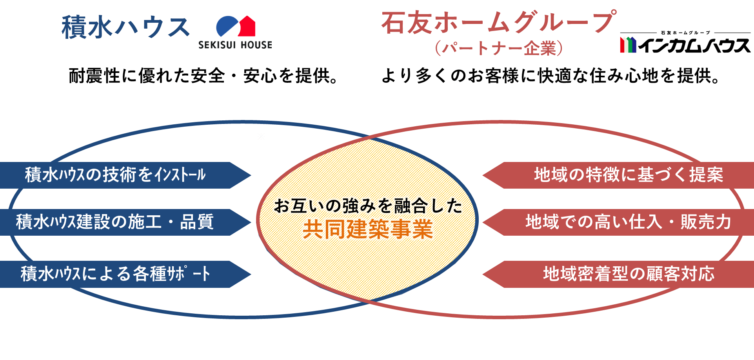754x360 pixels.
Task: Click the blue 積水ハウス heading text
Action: (x=125, y=27)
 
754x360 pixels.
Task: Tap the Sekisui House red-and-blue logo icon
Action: (x=236, y=27)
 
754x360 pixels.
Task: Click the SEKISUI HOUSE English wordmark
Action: (x=235, y=45)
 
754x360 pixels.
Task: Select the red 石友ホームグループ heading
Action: (x=498, y=22)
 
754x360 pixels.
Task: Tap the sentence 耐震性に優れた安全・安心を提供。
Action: (x=203, y=76)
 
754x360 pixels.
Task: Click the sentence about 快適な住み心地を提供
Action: (x=551, y=76)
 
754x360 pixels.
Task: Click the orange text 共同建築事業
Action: (x=367, y=229)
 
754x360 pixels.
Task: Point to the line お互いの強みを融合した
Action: (x=367, y=206)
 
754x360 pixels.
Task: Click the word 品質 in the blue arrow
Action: (x=197, y=222)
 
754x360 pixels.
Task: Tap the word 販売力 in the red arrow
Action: (x=706, y=222)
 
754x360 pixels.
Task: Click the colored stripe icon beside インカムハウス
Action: (x=628, y=45)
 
